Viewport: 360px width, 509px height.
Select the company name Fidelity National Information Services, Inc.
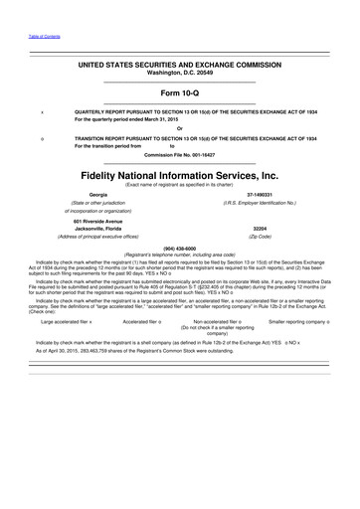tap(180, 172)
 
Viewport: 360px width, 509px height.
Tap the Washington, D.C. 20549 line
tap(180, 73)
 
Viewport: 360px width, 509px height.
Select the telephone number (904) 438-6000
tap(180, 249)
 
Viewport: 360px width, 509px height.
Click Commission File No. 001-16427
tap(180, 154)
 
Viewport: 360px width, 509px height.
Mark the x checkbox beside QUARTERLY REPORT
tap(42, 112)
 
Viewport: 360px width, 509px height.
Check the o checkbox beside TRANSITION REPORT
tap(42, 138)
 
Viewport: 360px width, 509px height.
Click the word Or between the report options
tap(180, 128)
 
